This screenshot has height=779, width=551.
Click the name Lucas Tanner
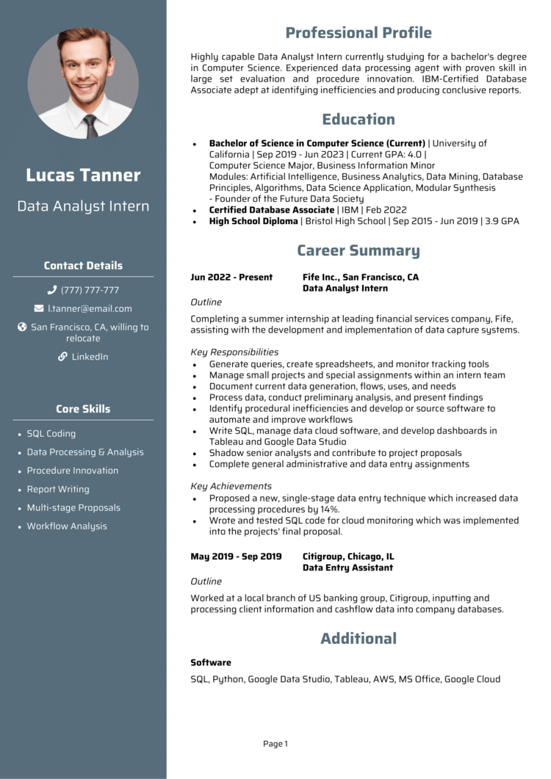83,175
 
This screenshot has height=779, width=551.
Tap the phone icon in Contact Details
52,290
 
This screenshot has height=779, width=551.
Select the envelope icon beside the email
39,308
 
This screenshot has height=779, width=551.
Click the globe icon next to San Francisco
22,327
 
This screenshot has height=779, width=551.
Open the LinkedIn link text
90,357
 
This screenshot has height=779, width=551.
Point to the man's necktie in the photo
90,125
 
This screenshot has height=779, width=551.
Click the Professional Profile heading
358,33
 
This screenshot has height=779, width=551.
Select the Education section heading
358,120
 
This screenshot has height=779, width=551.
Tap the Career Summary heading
358,251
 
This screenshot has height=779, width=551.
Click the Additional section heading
358,639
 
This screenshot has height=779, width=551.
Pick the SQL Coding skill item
51,434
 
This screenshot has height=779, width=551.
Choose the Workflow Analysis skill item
67,526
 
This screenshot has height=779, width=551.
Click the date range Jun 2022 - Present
231,278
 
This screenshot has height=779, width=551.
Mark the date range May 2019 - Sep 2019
236,557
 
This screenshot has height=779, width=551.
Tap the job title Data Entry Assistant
347,568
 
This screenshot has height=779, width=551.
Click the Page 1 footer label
275,744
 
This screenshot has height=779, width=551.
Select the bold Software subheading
211,662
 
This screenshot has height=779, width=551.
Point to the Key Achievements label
231,486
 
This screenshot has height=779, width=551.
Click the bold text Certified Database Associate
271,210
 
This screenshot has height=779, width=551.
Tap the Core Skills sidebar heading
83,409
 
